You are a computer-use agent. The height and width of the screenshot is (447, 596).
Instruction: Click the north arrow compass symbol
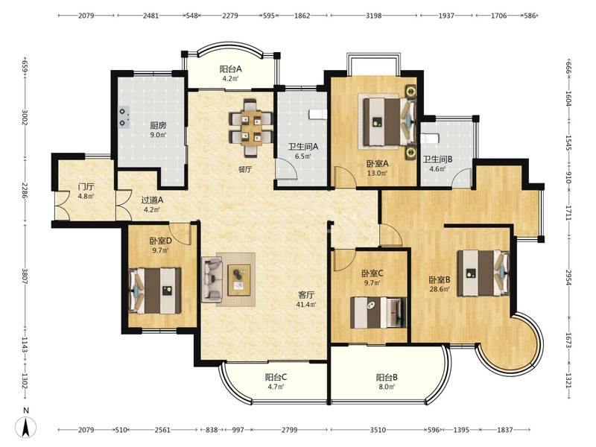point(26,426)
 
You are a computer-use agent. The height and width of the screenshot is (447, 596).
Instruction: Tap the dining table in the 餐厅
point(251,128)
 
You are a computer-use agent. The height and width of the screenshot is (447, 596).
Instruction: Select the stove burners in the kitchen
point(123,117)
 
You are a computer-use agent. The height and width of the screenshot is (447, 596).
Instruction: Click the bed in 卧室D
point(154,291)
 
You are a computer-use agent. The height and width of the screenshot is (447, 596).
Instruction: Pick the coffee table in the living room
point(239,280)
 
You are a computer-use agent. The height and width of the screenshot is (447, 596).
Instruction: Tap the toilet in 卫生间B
point(430,139)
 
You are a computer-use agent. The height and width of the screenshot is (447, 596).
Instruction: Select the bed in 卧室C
point(378,312)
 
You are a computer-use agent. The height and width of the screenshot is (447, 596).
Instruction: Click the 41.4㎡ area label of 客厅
point(306,304)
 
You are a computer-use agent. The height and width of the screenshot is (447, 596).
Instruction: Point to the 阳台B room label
point(387,378)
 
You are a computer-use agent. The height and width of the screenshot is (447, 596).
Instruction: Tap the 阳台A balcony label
point(231,69)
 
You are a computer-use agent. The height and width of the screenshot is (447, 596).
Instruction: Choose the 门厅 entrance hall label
point(86,187)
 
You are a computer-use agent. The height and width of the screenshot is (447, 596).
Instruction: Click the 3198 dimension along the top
point(374,16)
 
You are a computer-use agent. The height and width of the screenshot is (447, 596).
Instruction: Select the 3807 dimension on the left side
point(25,276)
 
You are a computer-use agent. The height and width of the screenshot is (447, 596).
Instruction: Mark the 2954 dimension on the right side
point(568,278)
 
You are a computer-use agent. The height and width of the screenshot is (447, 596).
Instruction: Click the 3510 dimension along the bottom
point(378,430)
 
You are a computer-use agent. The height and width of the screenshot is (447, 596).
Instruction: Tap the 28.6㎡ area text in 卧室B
point(440,289)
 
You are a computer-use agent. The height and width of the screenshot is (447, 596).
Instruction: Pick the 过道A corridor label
point(152,200)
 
